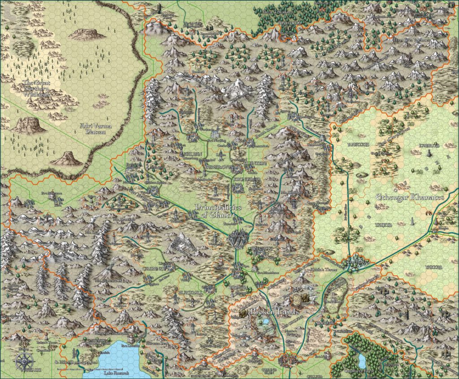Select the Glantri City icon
(x=238, y=240)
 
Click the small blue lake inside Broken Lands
(x=266, y=322)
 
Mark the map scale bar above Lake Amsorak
(x=83, y=362)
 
